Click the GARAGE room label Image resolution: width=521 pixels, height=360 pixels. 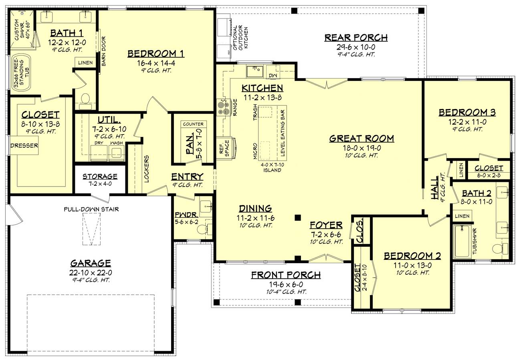pos(91,263)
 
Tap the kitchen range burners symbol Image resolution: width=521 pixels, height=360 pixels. pos(222,107)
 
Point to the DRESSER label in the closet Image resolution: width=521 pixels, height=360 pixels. pos(24,145)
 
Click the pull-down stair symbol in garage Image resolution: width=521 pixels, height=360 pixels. pos(91,229)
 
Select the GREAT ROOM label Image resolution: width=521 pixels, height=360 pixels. pos(361,139)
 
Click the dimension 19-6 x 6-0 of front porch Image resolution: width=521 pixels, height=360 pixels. pos(286,284)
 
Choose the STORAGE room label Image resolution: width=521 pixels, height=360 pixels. pos(100,176)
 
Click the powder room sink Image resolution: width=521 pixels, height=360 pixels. pos(206,205)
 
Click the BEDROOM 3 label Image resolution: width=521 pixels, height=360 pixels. pos(467,113)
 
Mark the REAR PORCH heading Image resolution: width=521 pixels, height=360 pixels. pos(356,38)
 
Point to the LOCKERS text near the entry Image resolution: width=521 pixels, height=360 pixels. pos(147,169)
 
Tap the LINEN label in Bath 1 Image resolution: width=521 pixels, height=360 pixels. pos(85,62)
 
